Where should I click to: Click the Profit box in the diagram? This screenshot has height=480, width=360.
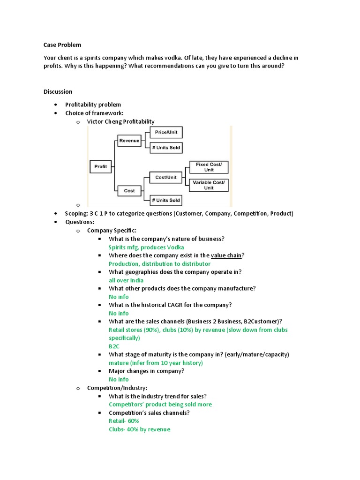[x=101, y=166]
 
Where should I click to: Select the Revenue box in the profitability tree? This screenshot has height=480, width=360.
[x=129, y=140]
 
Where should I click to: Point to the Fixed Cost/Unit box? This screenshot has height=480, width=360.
[x=209, y=167]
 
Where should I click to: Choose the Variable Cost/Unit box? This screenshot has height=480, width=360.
[x=209, y=185]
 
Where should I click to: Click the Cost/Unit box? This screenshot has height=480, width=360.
[x=166, y=177]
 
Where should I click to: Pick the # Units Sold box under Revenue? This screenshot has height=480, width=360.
[x=166, y=148]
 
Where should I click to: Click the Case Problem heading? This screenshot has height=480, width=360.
[x=62, y=45]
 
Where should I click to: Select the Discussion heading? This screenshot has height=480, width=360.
[x=58, y=91]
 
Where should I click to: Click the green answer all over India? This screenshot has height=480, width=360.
[x=126, y=280]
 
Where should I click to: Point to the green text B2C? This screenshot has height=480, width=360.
[x=114, y=346]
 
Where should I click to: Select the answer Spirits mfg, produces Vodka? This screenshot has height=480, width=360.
[x=146, y=247]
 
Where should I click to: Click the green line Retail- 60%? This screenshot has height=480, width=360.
[x=124, y=421]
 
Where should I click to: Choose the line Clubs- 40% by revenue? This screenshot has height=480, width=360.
[x=139, y=429]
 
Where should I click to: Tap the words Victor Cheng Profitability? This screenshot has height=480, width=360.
[x=120, y=121]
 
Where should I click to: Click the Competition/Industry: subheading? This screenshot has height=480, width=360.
[x=117, y=388]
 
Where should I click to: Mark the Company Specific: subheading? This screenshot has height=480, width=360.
[x=112, y=230]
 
